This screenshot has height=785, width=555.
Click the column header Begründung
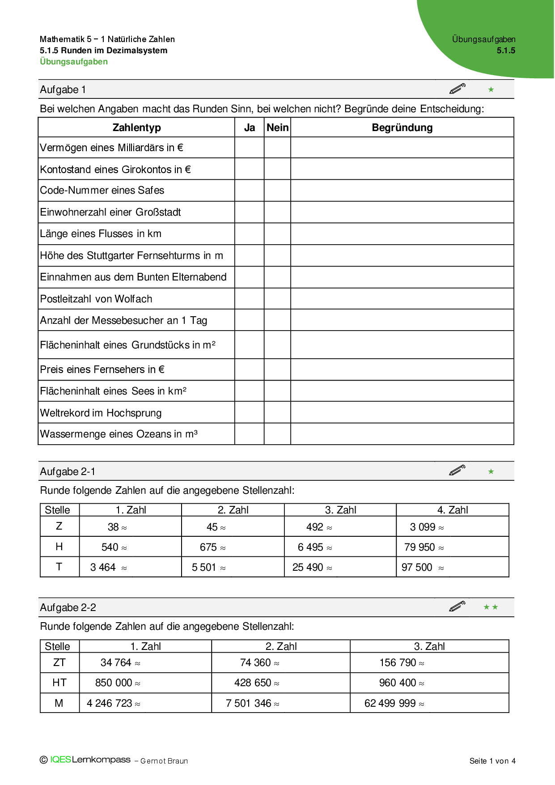click(402, 128)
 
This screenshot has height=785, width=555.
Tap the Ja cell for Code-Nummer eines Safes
click(249, 191)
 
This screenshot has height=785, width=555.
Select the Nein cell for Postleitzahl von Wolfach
click(277, 299)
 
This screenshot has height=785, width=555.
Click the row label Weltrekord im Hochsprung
click(101, 413)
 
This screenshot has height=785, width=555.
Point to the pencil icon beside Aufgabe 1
click(457, 89)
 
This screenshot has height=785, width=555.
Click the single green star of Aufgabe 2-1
click(491, 471)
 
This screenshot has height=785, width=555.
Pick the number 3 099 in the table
click(422, 527)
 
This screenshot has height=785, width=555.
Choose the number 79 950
click(419, 547)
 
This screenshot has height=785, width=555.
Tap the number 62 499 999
click(390, 704)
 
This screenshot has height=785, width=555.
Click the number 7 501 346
click(249, 704)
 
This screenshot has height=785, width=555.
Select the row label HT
click(59, 683)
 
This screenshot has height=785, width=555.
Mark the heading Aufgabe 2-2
click(68, 608)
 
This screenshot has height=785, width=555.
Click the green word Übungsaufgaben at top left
click(74, 62)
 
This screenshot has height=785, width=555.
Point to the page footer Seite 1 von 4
click(492, 761)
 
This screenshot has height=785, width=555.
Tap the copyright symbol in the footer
click(44, 760)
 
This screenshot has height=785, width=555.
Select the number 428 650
click(253, 683)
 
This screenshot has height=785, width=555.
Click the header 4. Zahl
click(453, 510)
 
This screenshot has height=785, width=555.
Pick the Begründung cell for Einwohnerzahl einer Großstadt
click(402, 212)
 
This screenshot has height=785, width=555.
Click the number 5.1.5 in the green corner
click(506, 51)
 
